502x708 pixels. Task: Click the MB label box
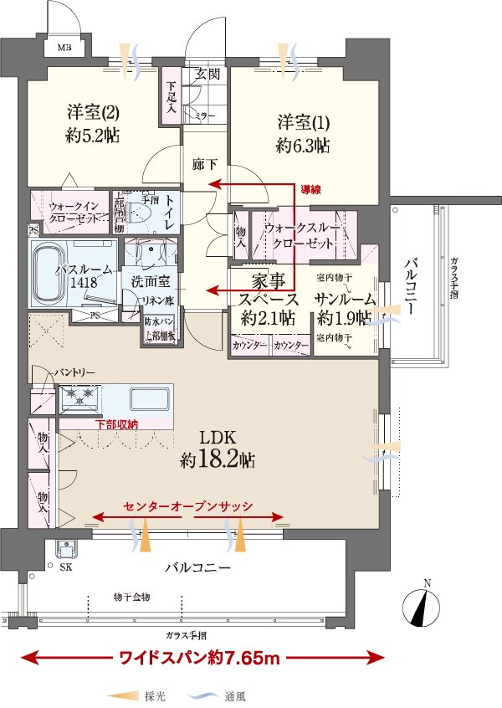(64, 48)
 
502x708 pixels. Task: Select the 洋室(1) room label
(303, 133)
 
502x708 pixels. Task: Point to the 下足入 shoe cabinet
(171, 99)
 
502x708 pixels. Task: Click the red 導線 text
(310, 191)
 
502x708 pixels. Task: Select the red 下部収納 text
(116, 424)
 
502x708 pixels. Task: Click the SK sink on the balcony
(65, 551)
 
